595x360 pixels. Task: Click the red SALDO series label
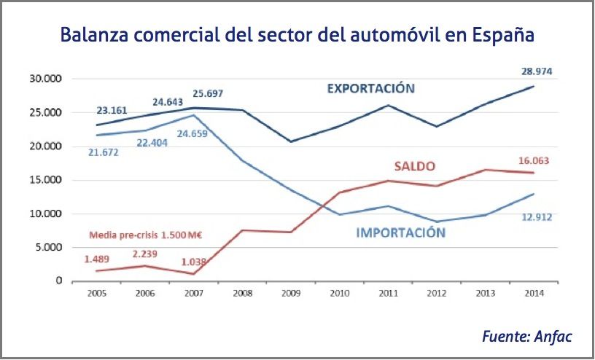[x=415, y=166]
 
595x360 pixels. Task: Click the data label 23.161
[x=112, y=111]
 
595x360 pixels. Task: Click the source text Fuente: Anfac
[x=526, y=336]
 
